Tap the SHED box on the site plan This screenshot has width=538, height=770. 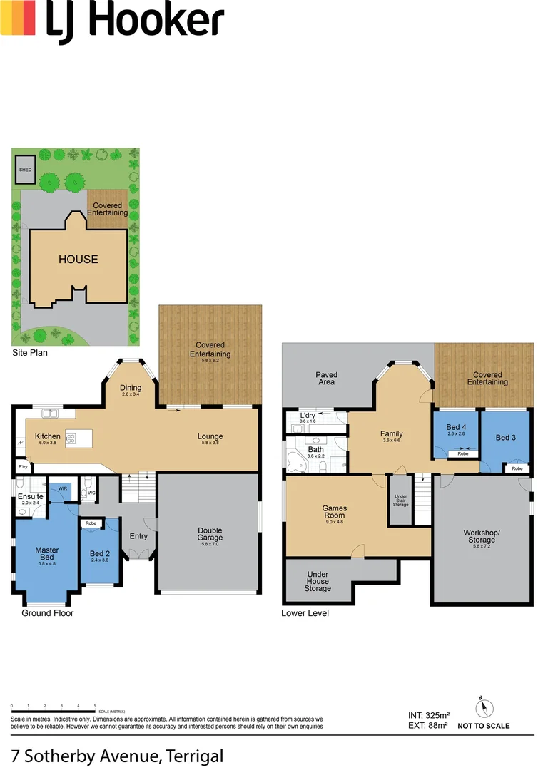(26, 170)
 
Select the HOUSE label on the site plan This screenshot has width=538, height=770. (78, 259)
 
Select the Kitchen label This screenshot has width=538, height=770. (48, 436)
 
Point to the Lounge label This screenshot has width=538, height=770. (210, 436)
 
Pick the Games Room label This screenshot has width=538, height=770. (335, 512)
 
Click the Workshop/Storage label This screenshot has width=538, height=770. (479, 536)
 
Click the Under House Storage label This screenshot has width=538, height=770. (318, 581)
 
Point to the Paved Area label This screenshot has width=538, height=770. (327, 379)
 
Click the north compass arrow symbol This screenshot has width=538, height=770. (484, 707)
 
